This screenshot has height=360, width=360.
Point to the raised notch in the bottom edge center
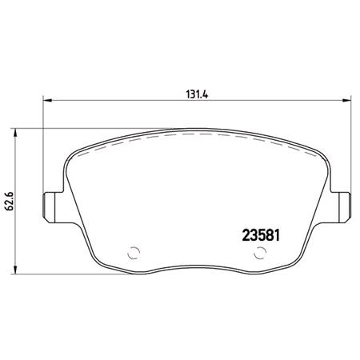pyautogui.click(x=195, y=266)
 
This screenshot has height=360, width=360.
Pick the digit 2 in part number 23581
pyautogui.click(x=245, y=236)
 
